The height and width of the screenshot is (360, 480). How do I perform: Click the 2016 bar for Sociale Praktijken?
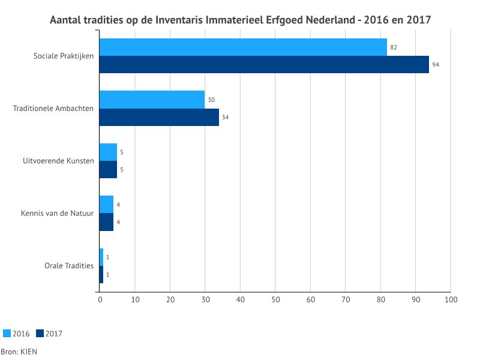point(243,47)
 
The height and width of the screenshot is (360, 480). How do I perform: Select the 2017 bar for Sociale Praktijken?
point(264,64)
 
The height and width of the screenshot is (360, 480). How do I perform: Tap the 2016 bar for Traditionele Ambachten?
point(152,100)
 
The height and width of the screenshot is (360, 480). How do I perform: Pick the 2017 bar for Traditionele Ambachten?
point(159,117)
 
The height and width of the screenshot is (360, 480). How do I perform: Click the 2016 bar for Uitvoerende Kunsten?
point(108,152)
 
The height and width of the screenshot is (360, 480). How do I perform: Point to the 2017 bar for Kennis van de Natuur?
point(106,222)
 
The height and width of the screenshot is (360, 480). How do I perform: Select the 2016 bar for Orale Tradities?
point(101,257)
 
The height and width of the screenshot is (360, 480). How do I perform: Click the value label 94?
point(436,64)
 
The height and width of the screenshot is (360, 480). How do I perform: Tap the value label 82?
point(394,47)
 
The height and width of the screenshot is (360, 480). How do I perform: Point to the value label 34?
point(225,117)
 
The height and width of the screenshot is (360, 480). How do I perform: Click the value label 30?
point(211,100)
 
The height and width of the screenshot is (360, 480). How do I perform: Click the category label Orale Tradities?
point(69,266)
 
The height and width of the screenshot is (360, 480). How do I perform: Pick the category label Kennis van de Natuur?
point(57,213)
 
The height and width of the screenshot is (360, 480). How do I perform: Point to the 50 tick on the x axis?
point(275,299)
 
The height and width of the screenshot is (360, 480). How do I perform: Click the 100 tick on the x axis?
point(451,299)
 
